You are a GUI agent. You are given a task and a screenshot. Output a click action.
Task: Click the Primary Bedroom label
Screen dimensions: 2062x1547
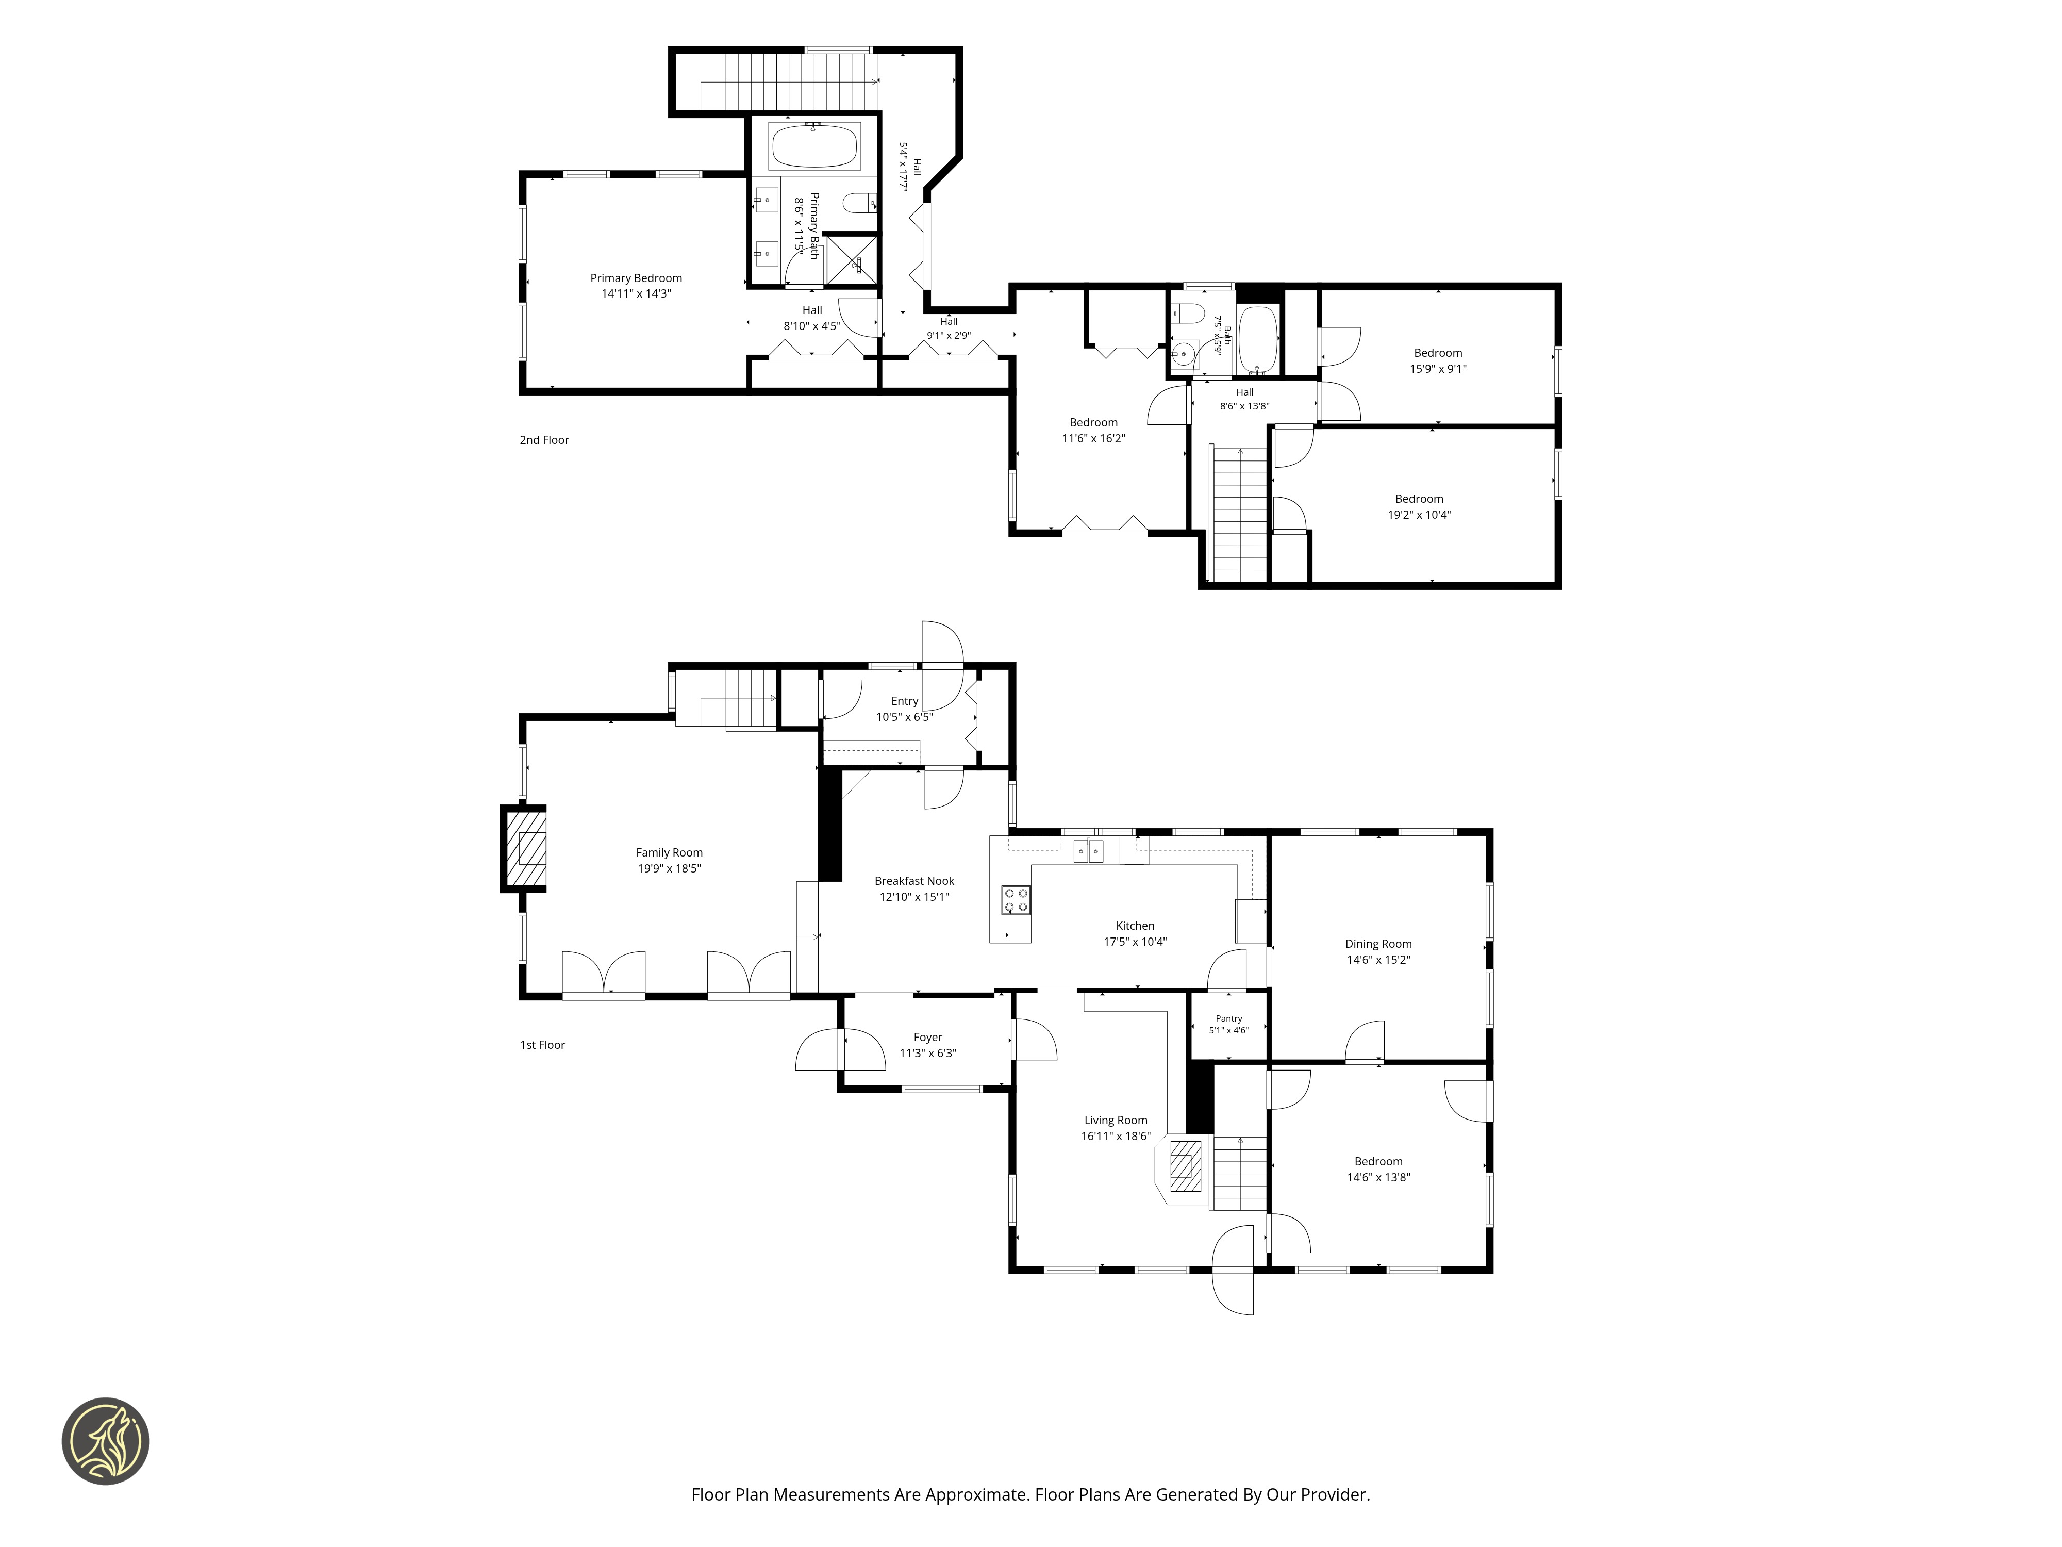[x=636, y=278]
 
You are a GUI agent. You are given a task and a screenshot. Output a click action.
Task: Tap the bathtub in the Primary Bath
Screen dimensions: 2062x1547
[x=814, y=146]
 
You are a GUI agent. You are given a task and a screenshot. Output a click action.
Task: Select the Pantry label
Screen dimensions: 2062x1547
[x=1228, y=1018]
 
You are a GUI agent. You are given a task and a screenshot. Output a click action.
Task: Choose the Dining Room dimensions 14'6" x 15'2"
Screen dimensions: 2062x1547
[x=1378, y=960]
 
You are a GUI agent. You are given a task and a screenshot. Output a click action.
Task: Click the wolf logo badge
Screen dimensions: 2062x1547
[x=105, y=1441]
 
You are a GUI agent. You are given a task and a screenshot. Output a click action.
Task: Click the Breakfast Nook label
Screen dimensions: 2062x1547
[x=914, y=880]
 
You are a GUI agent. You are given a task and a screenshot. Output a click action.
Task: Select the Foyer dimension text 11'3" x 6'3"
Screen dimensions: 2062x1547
[x=927, y=1053]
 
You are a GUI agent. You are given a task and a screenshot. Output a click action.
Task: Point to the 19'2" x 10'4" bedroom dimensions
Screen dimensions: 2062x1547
[x=1419, y=515]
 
